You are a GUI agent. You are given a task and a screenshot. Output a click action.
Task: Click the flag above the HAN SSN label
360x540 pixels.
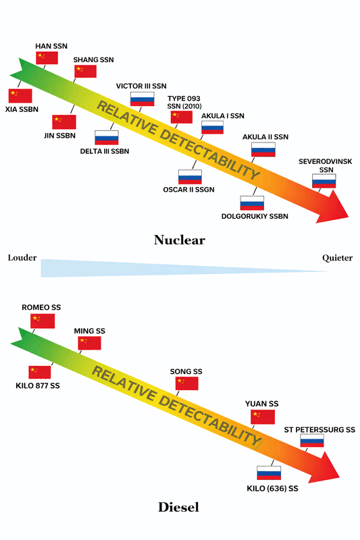[47, 57]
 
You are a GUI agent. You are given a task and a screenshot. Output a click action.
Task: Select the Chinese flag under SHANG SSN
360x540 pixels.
[85, 72]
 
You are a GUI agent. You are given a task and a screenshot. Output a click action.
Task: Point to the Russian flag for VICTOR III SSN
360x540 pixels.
[142, 99]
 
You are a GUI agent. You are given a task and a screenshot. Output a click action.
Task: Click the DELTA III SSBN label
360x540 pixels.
[104, 151]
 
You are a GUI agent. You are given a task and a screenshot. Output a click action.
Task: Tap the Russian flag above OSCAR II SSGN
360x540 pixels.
[190, 177]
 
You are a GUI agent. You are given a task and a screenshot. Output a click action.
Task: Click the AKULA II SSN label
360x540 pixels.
[265, 137]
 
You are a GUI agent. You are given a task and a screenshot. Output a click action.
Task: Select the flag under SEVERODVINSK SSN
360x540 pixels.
[324, 181]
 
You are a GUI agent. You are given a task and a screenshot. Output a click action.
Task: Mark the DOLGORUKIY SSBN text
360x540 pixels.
[255, 217]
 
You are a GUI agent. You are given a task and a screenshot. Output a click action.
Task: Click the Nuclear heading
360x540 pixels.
[179, 240]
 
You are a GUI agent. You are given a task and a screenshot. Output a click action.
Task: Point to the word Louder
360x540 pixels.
[22, 258]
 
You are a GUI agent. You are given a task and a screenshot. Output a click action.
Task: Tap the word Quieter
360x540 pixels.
[337, 258]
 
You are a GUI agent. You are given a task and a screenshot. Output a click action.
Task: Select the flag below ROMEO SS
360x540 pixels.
[43, 321]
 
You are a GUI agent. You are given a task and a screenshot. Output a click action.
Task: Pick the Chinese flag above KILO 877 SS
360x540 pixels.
[40, 372]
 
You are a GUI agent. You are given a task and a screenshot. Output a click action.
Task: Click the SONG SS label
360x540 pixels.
[187, 371]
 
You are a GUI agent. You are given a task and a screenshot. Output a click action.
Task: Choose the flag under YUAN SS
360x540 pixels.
[263, 416]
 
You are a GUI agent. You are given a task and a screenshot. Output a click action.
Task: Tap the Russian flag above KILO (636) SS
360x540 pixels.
[269, 473]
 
